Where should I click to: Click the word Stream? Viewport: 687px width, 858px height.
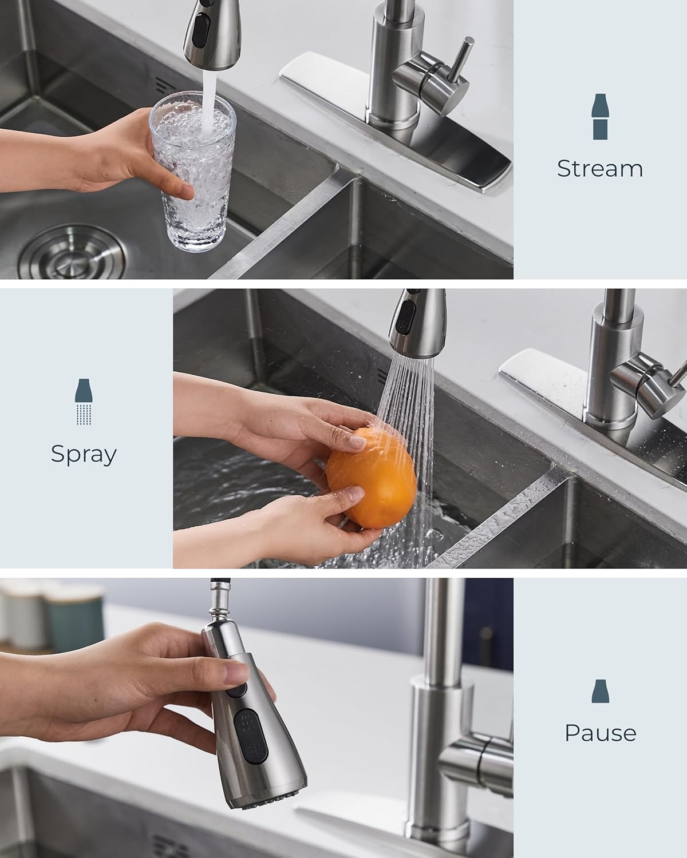599,168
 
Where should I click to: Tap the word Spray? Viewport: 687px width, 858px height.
84,454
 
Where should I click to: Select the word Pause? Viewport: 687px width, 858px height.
600,733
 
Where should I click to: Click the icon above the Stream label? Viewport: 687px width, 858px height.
599,117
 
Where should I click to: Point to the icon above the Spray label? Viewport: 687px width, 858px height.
84,402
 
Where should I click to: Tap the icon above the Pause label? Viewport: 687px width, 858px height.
599,691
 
